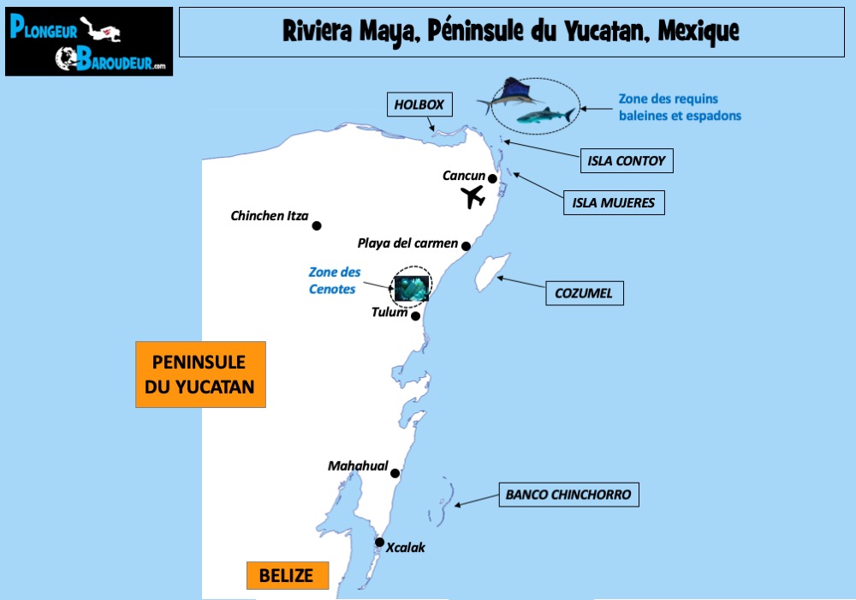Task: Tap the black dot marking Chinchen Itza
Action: pyautogui.click(x=317, y=225)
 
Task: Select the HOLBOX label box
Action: pyautogui.click(x=419, y=105)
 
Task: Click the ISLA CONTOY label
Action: pyautogui.click(x=626, y=160)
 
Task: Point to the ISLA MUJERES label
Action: pyautogui.click(x=613, y=203)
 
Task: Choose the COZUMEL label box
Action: pyautogui.click(x=584, y=293)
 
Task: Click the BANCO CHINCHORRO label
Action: pyautogui.click(x=568, y=495)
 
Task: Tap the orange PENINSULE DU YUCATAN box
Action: pyautogui.click(x=200, y=374)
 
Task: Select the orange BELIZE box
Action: pyautogui.click(x=288, y=575)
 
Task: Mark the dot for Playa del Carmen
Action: pyautogui.click(x=467, y=246)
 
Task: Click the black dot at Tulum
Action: pyautogui.click(x=416, y=315)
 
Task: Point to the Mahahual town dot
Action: pyautogui.click(x=395, y=472)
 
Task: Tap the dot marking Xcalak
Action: pyautogui.click(x=379, y=542)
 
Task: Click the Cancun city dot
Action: pyautogui.click(x=493, y=178)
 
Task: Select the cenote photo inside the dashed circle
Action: pyautogui.click(x=412, y=286)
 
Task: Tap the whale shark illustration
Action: pyautogui.click(x=545, y=117)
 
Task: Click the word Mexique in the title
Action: pyautogui.click(x=698, y=32)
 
